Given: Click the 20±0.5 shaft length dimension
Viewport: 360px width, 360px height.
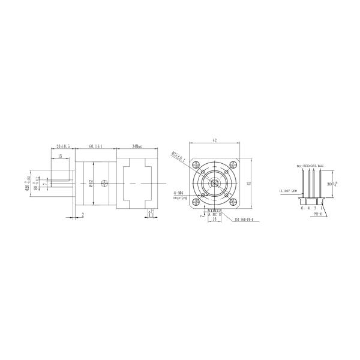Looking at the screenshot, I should click(63, 146).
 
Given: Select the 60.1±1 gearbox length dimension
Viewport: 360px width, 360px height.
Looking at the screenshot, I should click(95, 146).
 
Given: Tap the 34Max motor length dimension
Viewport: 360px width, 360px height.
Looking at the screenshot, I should click(137, 146).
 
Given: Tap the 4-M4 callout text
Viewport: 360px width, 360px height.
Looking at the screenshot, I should click(178, 192).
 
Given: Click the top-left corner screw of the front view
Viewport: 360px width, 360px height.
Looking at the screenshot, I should click(203, 172).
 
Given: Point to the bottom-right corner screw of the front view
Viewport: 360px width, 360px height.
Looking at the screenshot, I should click(226, 194).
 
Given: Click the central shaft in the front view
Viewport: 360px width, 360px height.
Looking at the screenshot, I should click(215, 183).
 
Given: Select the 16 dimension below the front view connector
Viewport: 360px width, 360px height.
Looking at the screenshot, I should click(214, 220).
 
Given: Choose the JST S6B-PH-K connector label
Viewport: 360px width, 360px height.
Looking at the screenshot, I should click(242, 220).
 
